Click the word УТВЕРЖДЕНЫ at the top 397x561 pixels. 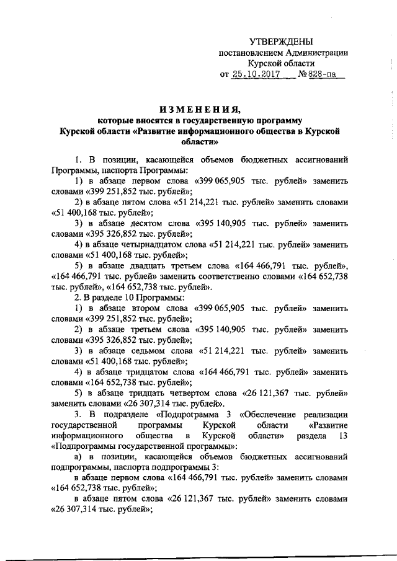[285, 41]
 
